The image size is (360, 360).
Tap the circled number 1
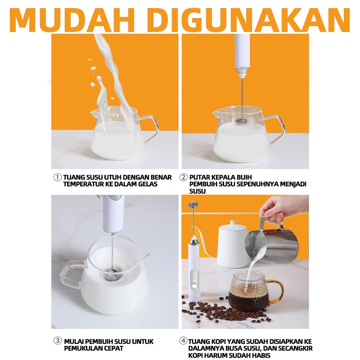coord(58,177)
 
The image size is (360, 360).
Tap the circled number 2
coord(183,177)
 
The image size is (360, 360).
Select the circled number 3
coord(58,341)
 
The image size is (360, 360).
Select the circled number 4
coord(183,341)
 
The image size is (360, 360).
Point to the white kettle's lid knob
coord(233,222)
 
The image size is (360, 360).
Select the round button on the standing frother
coord(195,287)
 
